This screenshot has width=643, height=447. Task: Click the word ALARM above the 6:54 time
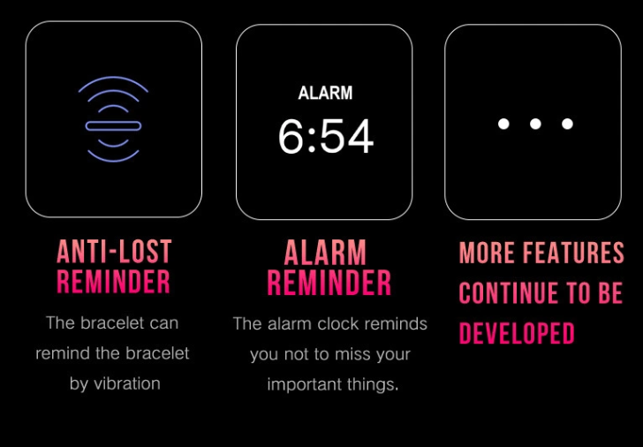click(325, 93)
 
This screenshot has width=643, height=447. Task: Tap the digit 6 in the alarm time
click(292, 136)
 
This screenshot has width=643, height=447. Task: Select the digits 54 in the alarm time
click(346, 136)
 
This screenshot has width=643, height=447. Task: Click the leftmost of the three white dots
click(503, 124)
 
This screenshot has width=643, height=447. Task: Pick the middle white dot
click(535, 124)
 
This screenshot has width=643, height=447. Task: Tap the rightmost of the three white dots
click(568, 124)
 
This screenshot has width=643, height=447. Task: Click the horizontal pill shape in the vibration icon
click(113, 126)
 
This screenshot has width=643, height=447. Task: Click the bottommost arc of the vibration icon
click(113, 158)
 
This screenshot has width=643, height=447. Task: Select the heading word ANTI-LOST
click(115, 252)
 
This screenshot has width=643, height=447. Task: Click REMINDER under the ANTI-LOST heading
click(113, 281)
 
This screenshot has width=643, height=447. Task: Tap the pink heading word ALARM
click(325, 253)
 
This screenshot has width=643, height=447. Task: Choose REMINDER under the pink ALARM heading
click(329, 283)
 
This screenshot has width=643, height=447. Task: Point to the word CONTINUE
click(508, 292)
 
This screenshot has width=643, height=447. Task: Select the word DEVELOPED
click(517, 333)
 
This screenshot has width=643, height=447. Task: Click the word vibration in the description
click(127, 384)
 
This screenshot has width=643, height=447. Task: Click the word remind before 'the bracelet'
click(63, 353)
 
